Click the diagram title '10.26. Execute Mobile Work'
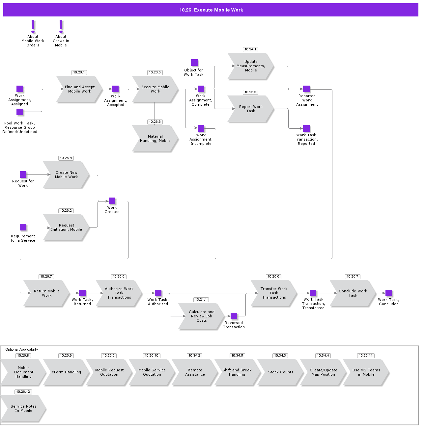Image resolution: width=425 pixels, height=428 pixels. click(x=211, y=10)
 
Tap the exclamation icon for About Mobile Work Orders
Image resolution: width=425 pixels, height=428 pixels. click(x=33, y=26)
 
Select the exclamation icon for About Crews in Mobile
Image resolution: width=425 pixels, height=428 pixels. click(x=61, y=26)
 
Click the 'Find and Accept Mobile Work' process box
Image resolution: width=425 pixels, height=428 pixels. click(x=79, y=89)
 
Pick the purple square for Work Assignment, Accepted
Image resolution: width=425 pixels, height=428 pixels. click(x=115, y=89)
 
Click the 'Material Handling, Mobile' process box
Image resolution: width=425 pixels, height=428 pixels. click(x=155, y=139)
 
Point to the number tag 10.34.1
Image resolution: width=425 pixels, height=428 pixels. click(x=250, y=49)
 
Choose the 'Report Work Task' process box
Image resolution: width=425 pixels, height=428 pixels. click(x=251, y=109)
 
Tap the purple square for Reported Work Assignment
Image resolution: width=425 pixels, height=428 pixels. click(x=306, y=89)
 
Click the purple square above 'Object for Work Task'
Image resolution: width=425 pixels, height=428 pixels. click(x=194, y=63)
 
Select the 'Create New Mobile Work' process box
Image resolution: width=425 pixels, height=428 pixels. click(x=66, y=175)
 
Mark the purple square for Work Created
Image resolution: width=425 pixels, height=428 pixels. click(x=112, y=201)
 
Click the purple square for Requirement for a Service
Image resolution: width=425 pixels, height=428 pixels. click(x=23, y=227)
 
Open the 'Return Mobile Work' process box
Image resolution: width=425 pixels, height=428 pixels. click(x=46, y=293)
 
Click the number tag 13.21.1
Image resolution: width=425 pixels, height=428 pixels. click(x=201, y=300)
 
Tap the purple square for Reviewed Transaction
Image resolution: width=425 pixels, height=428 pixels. click(x=234, y=316)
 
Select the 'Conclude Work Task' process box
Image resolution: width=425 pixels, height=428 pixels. click(x=353, y=293)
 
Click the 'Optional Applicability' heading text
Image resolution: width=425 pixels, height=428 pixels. click(x=22, y=349)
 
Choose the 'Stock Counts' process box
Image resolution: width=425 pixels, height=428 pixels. click(x=280, y=372)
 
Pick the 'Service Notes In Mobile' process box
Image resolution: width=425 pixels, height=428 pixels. click(x=23, y=409)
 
